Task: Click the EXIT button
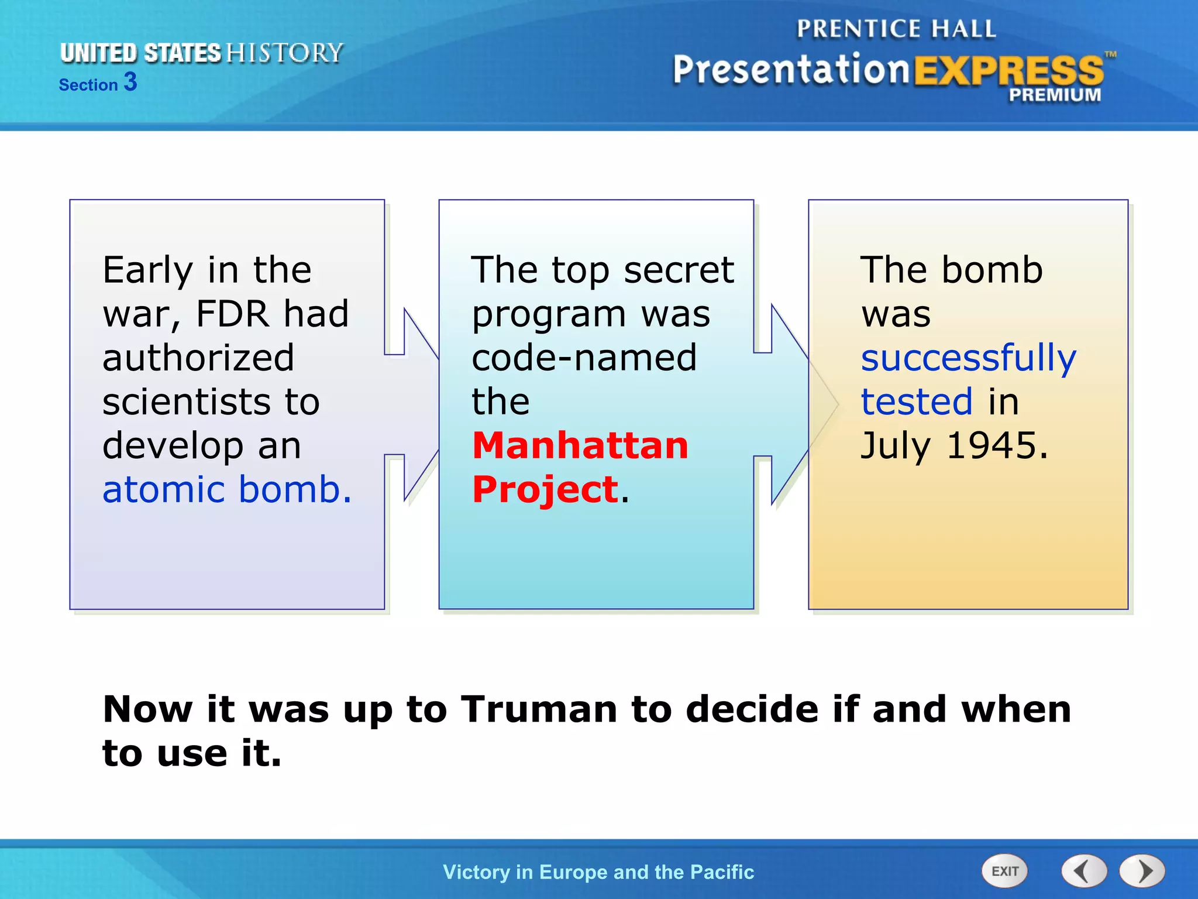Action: tap(1004, 871)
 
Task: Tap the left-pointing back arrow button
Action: tap(1084, 871)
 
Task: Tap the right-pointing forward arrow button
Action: tap(1142, 871)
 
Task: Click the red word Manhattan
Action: tap(580, 445)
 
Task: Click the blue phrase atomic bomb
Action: tap(227, 489)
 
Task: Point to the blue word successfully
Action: tap(968, 358)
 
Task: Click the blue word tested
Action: tap(917, 402)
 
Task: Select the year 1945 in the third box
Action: tap(996, 445)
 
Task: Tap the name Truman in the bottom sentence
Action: tap(539, 709)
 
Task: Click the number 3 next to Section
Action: tap(130, 82)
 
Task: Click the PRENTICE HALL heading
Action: tap(896, 29)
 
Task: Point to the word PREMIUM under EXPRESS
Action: tap(1055, 95)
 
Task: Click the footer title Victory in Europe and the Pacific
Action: tap(598, 872)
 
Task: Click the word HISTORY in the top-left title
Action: tap(284, 53)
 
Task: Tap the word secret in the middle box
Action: tap(679, 270)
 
